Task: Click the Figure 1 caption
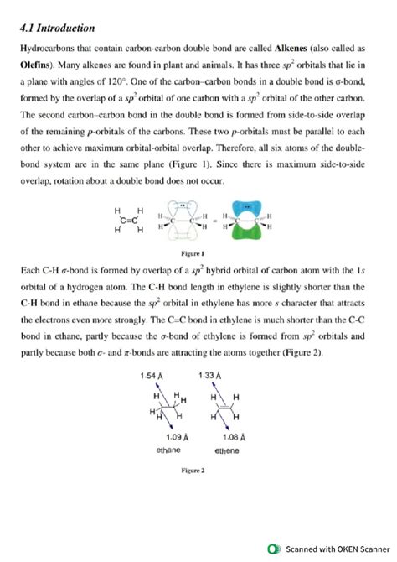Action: coord(198,252)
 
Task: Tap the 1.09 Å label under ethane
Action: coord(173,437)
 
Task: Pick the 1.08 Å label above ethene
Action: coord(235,437)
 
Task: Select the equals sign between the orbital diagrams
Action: coord(215,221)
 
